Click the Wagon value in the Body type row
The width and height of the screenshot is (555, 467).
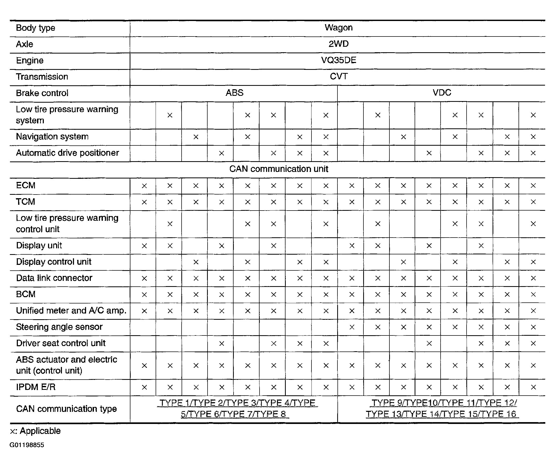(x=339, y=28)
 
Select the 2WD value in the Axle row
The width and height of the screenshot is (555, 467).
(x=339, y=44)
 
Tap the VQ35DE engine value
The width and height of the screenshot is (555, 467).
(x=339, y=60)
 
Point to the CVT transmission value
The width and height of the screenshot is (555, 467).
(x=339, y=76)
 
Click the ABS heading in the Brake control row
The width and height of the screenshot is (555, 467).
(x=235, y=93)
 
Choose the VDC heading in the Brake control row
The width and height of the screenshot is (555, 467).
(x=442, y=93)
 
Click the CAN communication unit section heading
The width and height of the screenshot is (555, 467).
(x=279, y=169)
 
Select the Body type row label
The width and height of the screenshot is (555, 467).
(x=35, y=28)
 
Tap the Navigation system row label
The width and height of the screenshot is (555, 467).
(x=52, y=137)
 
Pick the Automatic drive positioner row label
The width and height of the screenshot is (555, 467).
(x=67, y=153)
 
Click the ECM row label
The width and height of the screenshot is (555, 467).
(x=26, y=185)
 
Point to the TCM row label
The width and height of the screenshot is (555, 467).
(x=25, y=202)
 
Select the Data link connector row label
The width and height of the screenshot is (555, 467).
(x=54, y=278)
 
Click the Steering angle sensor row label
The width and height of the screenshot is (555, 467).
(x=59, y=327)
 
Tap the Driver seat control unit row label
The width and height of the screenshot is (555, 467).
(x=61, y=343)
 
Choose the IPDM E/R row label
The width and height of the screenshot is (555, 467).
(x=36, y=387)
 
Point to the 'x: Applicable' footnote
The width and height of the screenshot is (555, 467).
(x=35, y=431)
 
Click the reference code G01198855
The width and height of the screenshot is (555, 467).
(x=27, y=445)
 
